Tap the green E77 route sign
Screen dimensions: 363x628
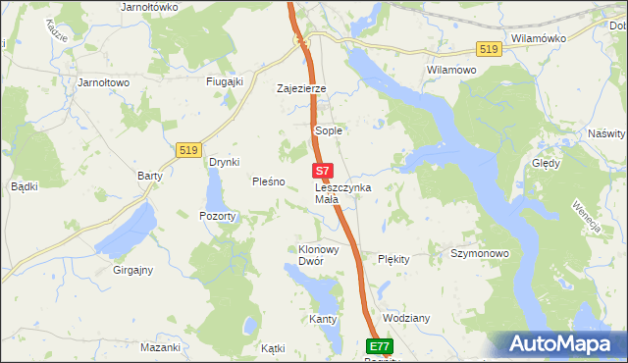pos(381,346)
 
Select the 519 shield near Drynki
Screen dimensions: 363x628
pos(189,149)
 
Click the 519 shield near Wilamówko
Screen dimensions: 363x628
pos(488,49)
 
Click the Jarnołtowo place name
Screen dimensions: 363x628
pos(104,83)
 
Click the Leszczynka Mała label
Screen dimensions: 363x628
pos(342,192)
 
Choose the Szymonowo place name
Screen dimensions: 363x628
pos(479,254)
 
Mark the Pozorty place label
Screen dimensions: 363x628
pos(217,216)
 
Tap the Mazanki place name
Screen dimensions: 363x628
pos(160,347)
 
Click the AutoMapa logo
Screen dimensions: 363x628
pos(561,344)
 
